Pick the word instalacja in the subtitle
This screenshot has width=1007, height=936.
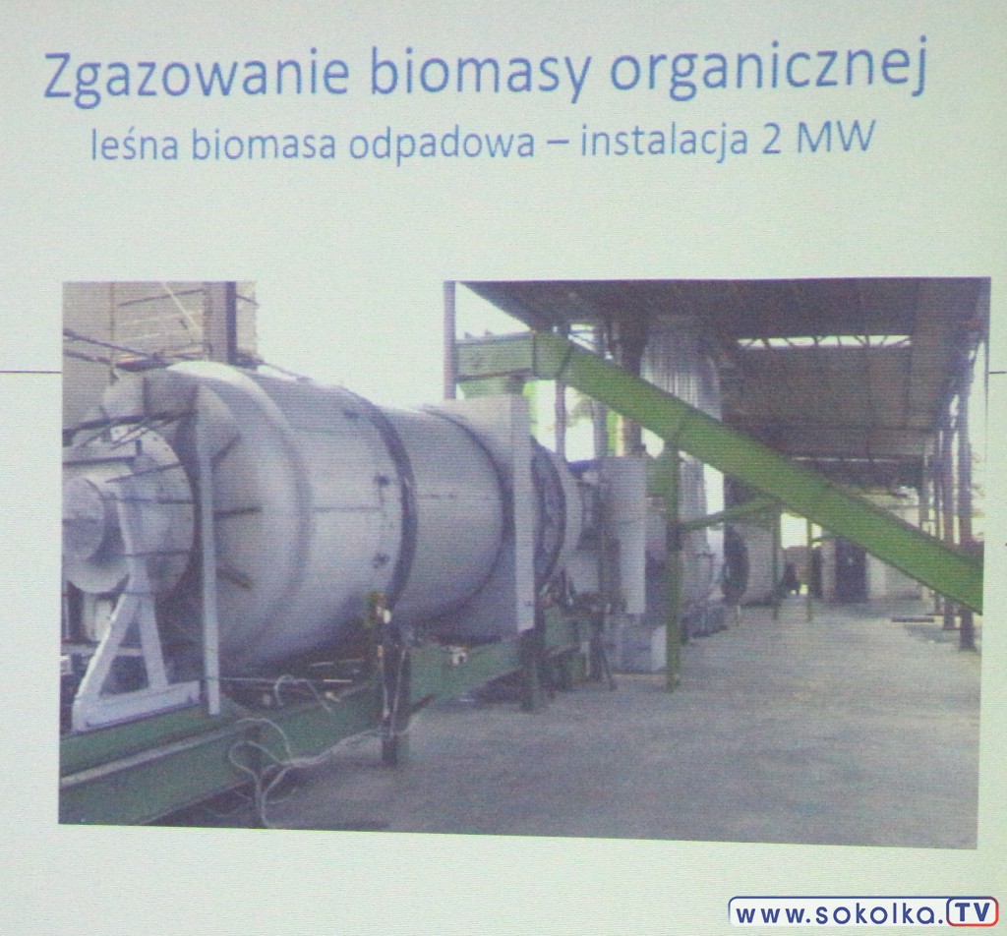click(x=664, y=142)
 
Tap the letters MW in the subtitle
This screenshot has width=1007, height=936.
click(x=836, y=138)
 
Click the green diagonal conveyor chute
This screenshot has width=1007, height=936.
click(x=758, y=469)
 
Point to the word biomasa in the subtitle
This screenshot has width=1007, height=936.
click(x=264, y=145)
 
